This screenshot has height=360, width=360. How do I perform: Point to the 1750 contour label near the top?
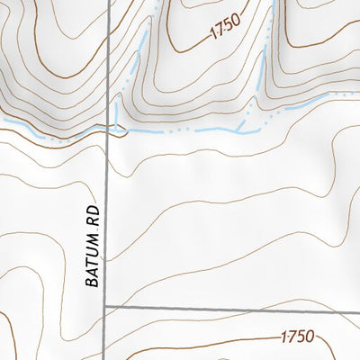[228, 31]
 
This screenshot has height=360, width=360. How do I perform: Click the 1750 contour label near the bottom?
[296, 337]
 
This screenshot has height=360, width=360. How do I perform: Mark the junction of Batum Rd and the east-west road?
[105, 307]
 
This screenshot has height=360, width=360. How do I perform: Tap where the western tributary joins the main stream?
[117, 127]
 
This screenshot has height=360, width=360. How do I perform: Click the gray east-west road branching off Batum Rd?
[225, 307]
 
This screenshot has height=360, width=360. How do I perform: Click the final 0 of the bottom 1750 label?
[309, 337]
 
